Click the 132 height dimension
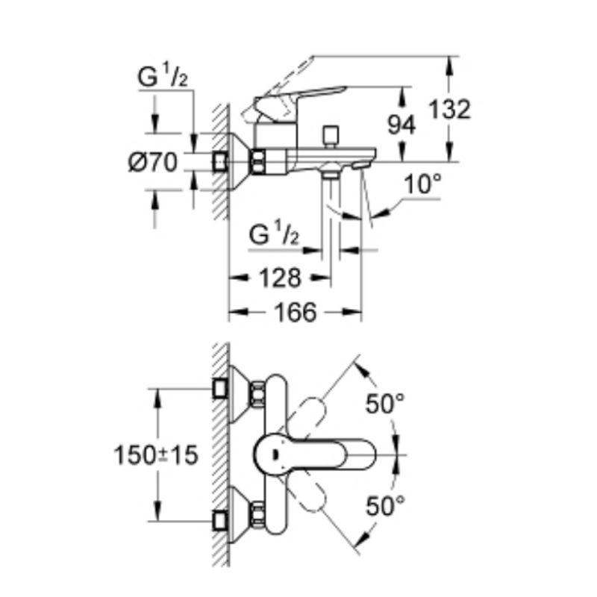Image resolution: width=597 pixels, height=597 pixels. point(451,110)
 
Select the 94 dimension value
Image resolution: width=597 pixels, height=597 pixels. point(401,125)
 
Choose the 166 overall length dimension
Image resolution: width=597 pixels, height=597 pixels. point(294,313)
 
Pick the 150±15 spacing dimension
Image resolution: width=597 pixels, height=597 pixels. point(155,454)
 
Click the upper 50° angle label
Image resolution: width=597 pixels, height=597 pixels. point(384,404)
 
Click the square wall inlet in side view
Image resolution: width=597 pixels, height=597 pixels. point(220,160)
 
